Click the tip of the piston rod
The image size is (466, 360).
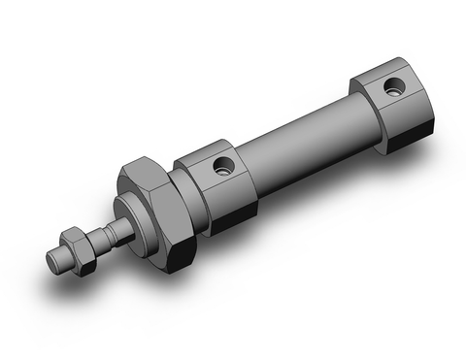tap(57, 260)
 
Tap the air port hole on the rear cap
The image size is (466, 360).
tap(392, 89)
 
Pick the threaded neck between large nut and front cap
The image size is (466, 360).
tap(181, 199)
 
